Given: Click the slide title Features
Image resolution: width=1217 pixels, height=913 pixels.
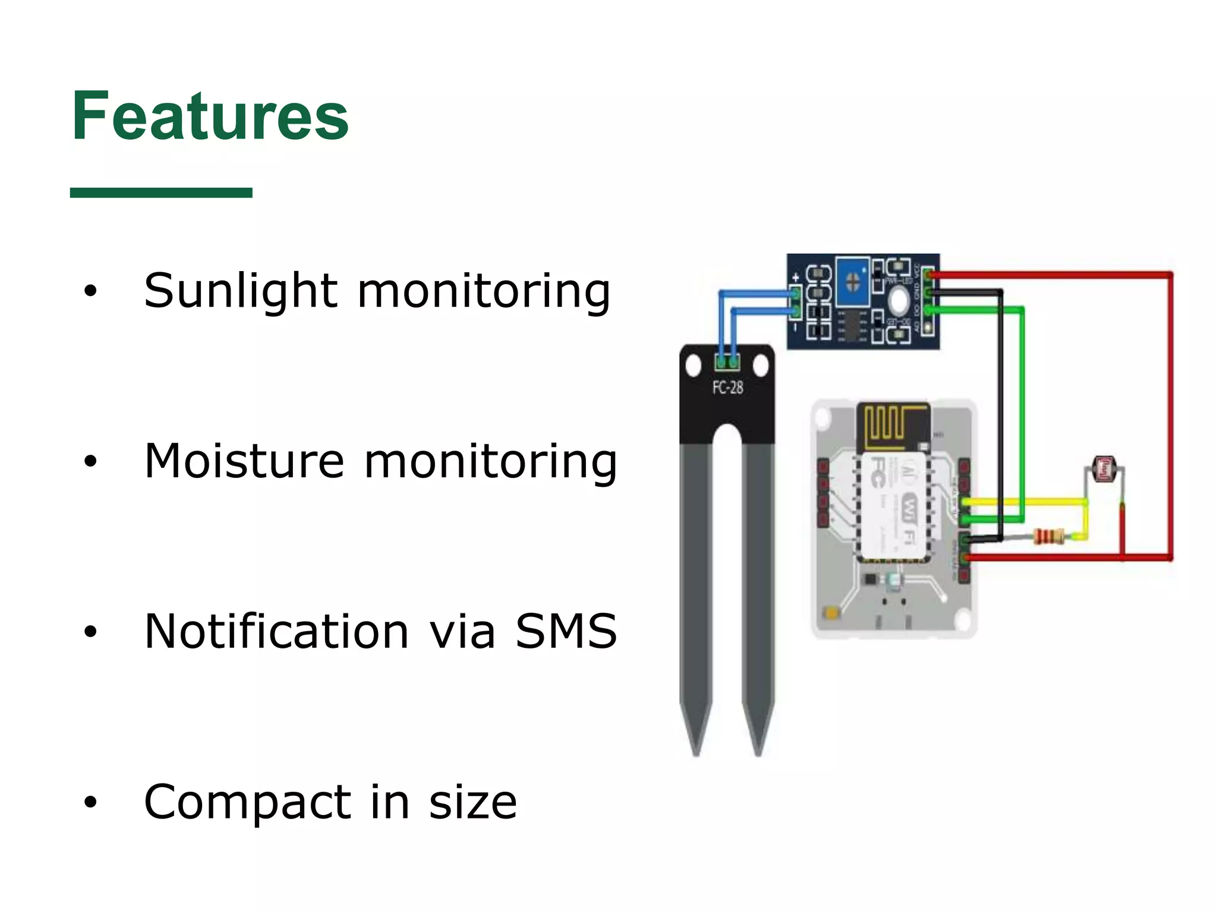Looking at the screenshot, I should [x=210, y=117].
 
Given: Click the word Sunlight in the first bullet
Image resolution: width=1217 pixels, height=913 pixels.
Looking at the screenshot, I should [x=241, y=291].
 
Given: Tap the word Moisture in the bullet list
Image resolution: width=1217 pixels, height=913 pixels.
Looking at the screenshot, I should [x=244, y=461].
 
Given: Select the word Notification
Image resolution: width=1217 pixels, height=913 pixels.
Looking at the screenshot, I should [x=276, y=631].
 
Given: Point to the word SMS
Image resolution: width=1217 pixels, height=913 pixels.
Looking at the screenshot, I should [x=566, y=631].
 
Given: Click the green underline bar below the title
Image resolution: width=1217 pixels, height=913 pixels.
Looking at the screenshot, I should [x=161, y=193].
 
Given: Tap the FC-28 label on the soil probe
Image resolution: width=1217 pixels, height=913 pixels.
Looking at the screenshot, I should [x=727, y=388].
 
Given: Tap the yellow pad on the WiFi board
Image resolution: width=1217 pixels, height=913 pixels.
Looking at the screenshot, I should [x=832, y=612].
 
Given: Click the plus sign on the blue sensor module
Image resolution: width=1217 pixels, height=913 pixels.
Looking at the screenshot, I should [x=796, y=278].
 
